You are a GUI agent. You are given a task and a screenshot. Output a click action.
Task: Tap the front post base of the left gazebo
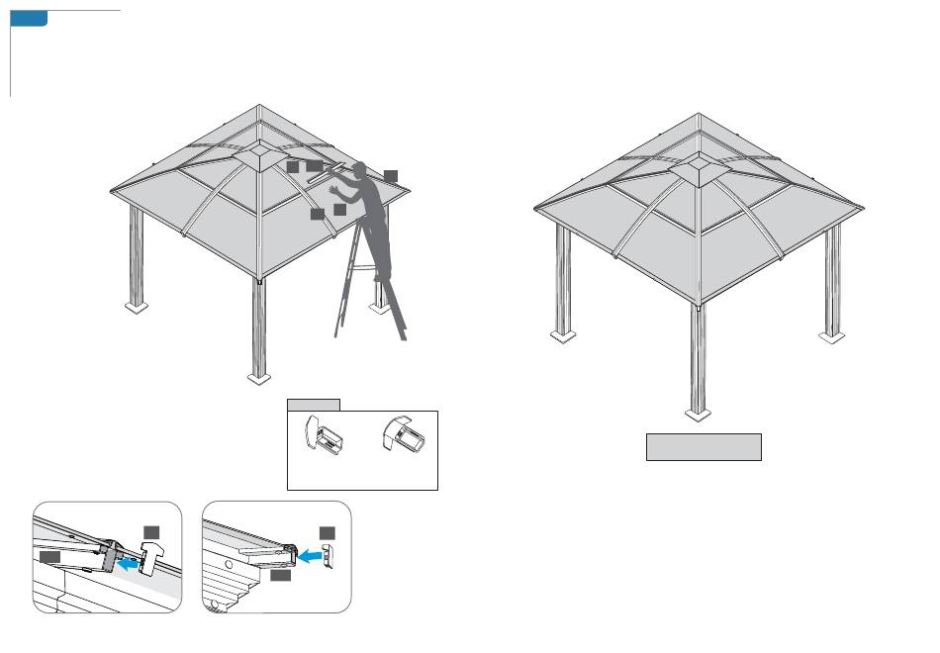[258, 376]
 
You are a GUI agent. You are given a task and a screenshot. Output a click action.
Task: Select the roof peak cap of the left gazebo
[259, 154]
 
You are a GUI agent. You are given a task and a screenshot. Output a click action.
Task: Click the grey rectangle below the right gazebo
[704, 446]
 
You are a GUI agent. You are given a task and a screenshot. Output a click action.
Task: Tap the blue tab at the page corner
[29, 19]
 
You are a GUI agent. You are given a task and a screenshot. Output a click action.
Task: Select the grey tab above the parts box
[314, 404]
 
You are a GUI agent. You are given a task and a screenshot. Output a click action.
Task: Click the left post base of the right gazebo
[563, 336]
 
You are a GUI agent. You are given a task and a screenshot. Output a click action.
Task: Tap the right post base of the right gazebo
[832, 336]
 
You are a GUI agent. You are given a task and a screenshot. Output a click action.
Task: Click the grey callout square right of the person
[391, 175]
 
